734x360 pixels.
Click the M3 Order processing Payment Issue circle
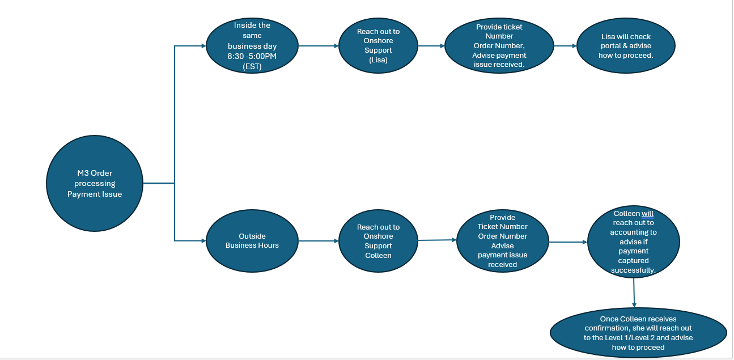point(95,184)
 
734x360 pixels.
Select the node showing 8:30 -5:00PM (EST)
point(252,46)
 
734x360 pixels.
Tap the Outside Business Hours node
point(252,241)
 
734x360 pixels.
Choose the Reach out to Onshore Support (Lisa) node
point(378,46)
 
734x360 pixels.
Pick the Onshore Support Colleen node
point(378,242)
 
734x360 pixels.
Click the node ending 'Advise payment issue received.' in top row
point(499,46)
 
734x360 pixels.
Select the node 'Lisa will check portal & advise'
point(626,46)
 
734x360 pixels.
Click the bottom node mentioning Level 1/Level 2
point(638,333)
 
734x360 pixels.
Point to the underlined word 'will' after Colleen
point(647,214)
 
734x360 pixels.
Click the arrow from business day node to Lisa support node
point(319,46)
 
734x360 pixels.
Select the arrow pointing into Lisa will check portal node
point(565,46)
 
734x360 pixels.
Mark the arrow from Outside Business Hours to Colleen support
point(319,242)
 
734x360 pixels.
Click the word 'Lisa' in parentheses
point(378,60)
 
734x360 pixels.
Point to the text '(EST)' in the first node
point(252,66)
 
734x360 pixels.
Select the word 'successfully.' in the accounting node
point(634,270)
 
